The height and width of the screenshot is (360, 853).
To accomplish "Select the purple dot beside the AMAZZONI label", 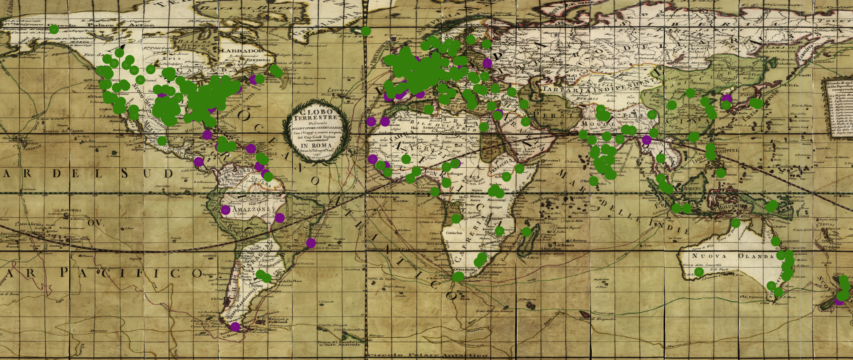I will [x=225, y=210].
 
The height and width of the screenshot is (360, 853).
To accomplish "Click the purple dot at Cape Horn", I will [x=235, y=327].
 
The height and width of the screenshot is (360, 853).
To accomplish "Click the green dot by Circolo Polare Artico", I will [x=54, y=29].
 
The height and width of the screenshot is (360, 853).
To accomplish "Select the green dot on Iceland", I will [x=366, y=31].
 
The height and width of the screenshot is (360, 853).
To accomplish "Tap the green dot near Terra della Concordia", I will [x=699, y=272].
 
